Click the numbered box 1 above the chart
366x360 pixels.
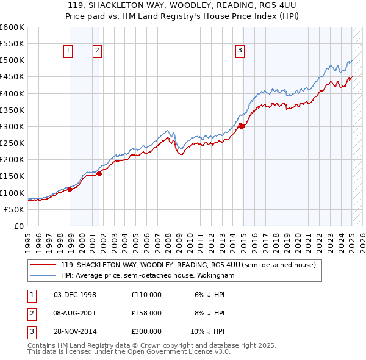pos(67,51)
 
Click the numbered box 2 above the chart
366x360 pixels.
pos(97,51)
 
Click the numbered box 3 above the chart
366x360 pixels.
pos(240,51)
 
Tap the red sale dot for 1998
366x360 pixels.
pos(70,189)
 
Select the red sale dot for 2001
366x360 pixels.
pos(99,174)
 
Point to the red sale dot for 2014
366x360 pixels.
pos(242,126)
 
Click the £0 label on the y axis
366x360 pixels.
pos(20,226)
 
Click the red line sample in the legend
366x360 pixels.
pos(43,265)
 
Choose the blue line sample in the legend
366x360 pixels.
pos(43,276)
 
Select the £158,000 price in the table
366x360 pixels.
pos(146,313)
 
